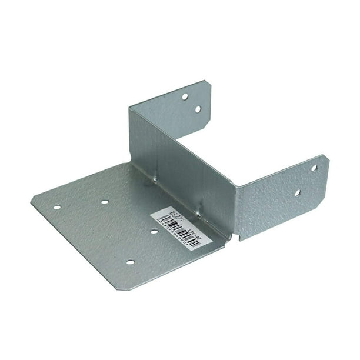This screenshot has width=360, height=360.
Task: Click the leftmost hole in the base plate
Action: (56, 207)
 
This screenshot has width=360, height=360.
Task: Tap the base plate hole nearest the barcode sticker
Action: (154, 232)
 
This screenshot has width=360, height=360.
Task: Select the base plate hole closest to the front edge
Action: (130, 262)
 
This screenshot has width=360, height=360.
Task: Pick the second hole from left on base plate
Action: (105, 202)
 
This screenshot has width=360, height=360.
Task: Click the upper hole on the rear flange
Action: (185, 96)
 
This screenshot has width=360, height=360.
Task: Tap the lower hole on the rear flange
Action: (198, 109)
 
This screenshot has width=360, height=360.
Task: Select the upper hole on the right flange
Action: (314, 168)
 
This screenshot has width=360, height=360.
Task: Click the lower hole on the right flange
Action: (297, 192)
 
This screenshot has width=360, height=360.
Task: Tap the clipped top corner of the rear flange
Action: (206, 83)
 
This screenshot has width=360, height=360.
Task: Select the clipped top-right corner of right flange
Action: (324, 157)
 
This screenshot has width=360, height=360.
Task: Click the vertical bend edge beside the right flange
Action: (236, 206)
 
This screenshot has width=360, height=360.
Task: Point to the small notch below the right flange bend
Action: (233, 235)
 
